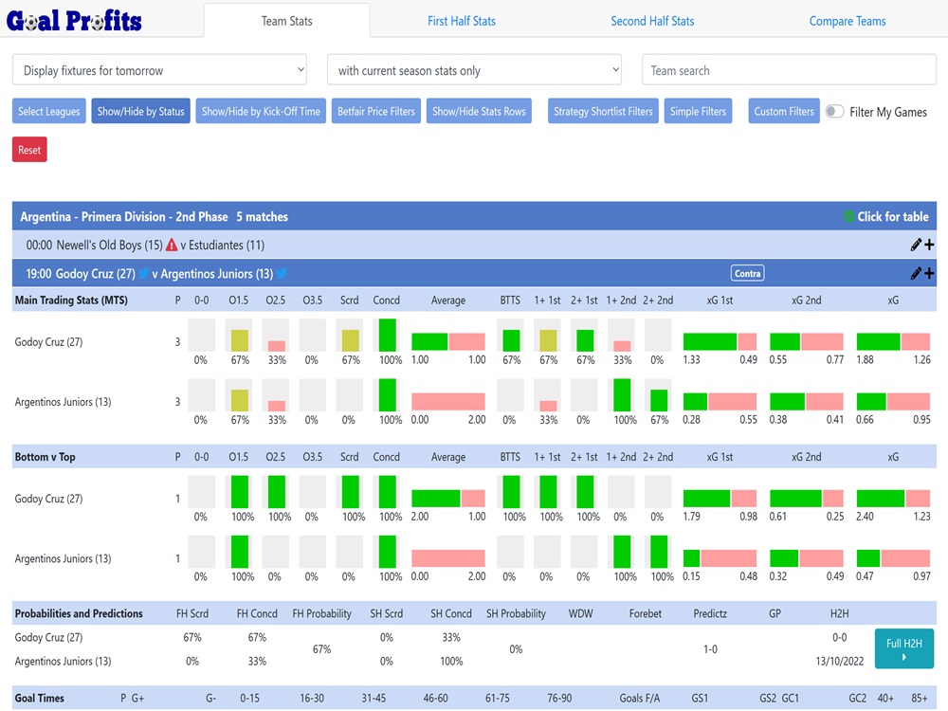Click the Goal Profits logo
74,21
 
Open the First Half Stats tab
461,21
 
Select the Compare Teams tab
848,21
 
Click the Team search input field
789,70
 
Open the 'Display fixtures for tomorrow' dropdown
159,70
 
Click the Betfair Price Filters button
376,111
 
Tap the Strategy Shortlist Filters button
603,111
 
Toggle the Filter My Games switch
834,111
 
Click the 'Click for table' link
892,216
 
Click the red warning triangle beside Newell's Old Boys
172,245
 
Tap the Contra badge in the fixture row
747,273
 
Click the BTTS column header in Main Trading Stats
510,300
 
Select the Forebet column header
646,613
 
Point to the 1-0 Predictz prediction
710,649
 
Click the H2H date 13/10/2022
839,661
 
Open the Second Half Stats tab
652,21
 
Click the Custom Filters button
784,111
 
